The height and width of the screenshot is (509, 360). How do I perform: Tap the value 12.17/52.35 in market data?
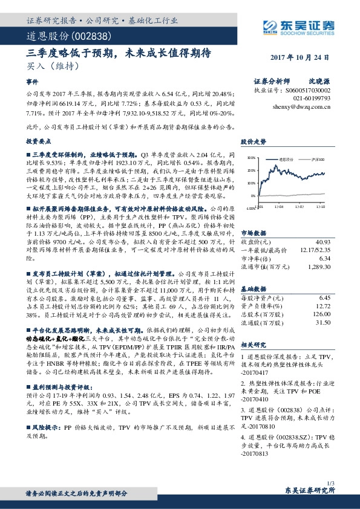pos(314,234)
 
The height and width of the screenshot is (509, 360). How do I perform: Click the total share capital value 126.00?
pos(319,314)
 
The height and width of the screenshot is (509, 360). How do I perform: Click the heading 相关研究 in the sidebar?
pos(252,344)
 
